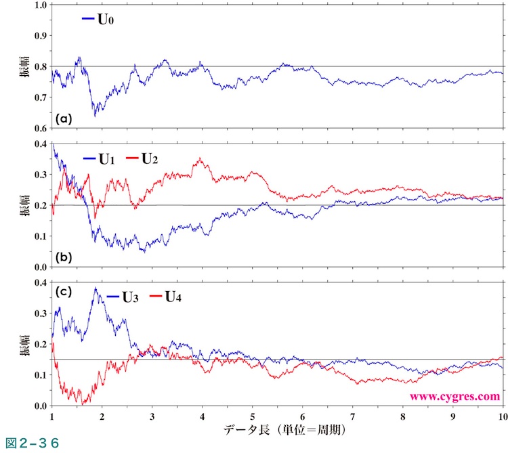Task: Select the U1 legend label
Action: pos(108,160)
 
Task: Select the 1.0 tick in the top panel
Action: pos(40,4)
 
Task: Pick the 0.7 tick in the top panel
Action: pos(40,98)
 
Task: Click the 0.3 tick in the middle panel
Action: pos(40,175)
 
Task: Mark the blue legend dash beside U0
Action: pos(88,20)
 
